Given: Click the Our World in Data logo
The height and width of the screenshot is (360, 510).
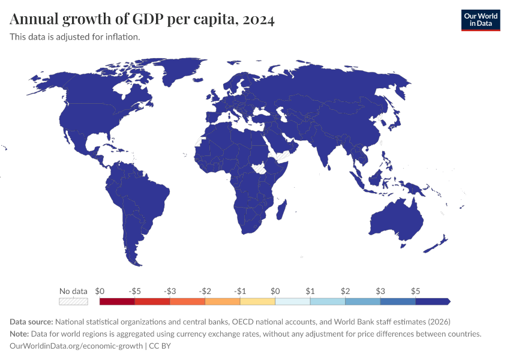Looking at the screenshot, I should [x=480, y=20].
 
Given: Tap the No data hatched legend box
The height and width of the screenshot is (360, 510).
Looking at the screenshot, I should [x=73, y=302].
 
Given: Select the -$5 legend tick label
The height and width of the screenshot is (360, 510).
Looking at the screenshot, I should [x=135, y=291].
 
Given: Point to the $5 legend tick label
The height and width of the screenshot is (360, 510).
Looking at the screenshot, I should [x=415, y=291].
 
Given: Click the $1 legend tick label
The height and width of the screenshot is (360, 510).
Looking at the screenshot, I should [x=310, y=291].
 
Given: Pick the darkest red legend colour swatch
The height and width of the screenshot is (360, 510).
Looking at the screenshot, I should [x=117, y=302].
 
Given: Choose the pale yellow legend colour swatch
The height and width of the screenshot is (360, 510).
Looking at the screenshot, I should [x=257, y=302].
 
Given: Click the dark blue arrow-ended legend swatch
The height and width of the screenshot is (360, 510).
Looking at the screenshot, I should [x=432, y=302].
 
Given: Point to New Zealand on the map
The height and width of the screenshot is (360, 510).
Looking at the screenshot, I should [x=439, y=244].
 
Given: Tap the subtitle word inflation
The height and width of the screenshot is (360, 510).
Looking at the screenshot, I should [x=123, y=37].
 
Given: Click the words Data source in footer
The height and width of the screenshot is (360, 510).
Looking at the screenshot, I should [x=31, y=321].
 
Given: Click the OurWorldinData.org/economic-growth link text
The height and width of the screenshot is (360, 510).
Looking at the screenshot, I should [x=76, y=346].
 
